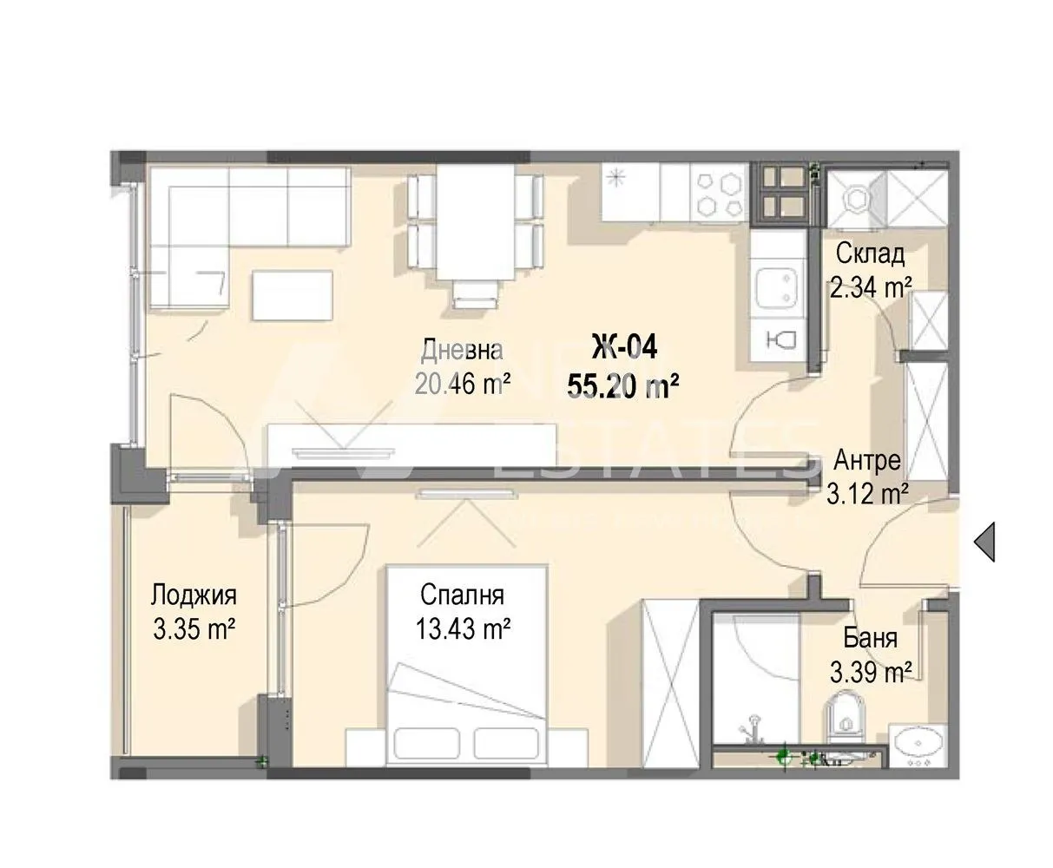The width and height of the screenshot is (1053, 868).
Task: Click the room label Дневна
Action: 461,351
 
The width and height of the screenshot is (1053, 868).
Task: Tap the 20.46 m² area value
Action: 461,383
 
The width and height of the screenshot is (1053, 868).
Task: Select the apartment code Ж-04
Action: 623,347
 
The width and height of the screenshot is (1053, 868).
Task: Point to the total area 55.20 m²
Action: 622,385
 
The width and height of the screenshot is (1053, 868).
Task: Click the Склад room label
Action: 870,254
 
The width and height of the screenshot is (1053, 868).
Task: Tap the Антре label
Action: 867,460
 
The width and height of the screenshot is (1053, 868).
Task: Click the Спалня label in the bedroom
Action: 462,595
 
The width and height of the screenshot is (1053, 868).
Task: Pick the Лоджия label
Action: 194,596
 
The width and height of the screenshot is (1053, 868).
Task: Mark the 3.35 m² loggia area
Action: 194,628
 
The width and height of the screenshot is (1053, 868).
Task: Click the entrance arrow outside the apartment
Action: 984,542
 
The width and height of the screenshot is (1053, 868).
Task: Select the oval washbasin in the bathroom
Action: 918,744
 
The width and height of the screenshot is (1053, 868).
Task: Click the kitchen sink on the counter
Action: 777,287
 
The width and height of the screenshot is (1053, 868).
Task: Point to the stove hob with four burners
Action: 719,192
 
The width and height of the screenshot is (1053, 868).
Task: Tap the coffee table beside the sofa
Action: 293,293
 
